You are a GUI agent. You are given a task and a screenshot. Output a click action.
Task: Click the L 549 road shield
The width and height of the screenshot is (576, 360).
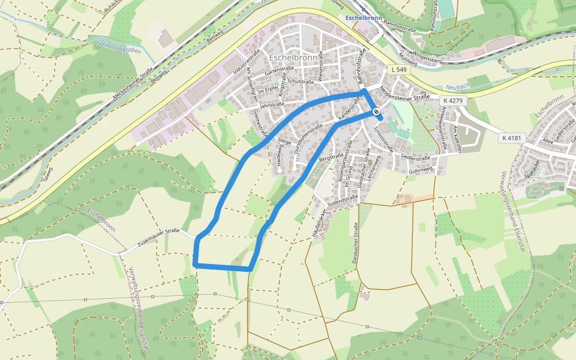pyautogui.click(x=398, y=70)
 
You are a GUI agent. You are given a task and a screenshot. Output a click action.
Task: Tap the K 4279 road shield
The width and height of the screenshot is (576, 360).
pyautogui.click(x=453, y=100)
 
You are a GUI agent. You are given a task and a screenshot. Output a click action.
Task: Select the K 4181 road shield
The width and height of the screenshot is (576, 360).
pyautogui.click(x=512, y=138)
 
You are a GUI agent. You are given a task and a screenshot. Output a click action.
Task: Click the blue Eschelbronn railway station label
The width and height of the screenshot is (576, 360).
pyautogui.click(x=365, y=18)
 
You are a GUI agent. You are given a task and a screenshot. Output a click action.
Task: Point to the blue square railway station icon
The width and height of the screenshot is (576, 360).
pyautogui.click(x=363, y=9)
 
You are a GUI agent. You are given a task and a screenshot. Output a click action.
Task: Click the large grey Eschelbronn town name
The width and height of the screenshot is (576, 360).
pyautogui.click(x=293, y=58)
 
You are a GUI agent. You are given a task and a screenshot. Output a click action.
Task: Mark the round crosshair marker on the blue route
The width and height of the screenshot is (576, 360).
pyautogui.click(x=376, y=112)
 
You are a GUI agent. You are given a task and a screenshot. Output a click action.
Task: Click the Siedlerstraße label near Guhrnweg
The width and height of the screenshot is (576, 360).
pyautogui.click(x=415, y=158)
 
